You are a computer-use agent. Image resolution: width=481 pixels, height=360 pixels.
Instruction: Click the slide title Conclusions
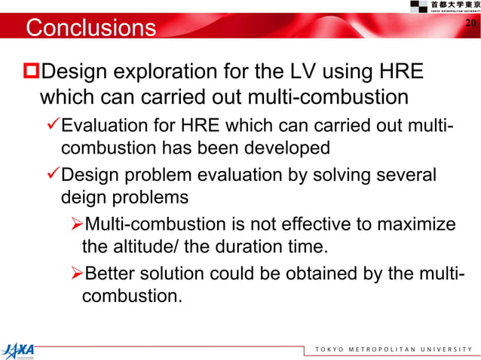tap(90, 28)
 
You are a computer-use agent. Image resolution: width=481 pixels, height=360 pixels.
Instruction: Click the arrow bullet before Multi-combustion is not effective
tap(75, 224)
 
